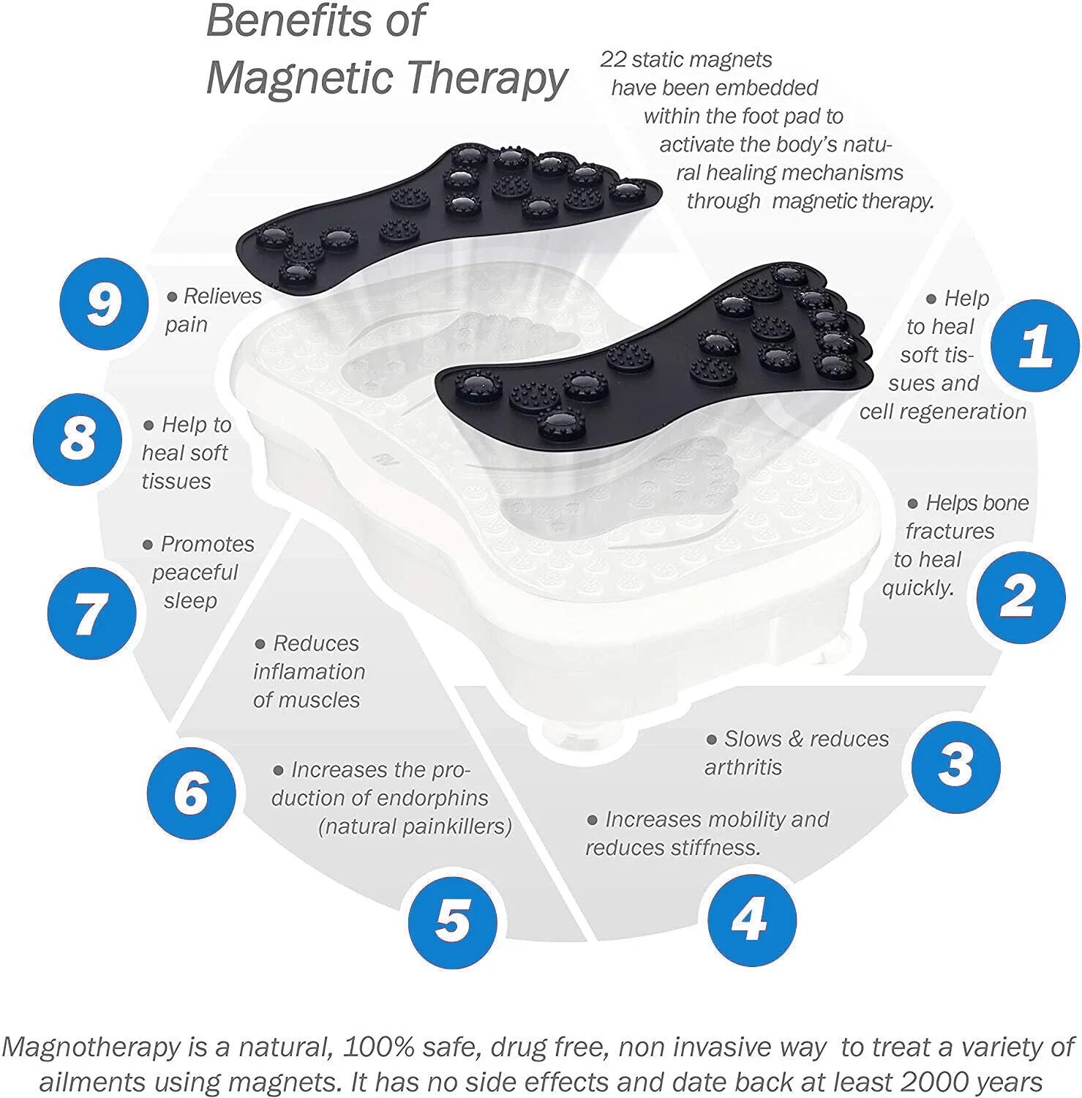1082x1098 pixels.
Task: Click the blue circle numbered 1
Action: [x=1035, y=345]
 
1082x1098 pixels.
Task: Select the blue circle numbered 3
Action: [x=955, y=765]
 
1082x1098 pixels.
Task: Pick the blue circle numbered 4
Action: [x=752, y=920]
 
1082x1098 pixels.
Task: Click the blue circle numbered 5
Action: [x=453, y=921]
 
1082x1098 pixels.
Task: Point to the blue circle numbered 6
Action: [x=191, y=792]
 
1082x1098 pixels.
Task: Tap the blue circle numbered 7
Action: [x=91, y=613]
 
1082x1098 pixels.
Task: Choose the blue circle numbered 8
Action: [x=78, y=439]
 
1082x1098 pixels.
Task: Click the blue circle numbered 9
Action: [x=104, y=303]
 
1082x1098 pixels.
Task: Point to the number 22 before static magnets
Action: [x=612, y=59]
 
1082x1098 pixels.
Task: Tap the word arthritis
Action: [x=743, y=767]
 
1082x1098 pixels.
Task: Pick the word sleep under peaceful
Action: [x=190, y=601]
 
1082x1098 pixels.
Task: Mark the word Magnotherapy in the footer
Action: [x=91, y=1047]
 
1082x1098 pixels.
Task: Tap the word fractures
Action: [x=950, y=531]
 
